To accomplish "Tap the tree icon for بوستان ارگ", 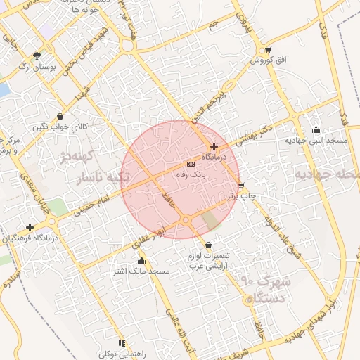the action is tap(37, 55).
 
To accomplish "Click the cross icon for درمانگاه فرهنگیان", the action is tap(30, 227).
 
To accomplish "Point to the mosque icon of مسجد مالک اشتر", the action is tap(142, 261).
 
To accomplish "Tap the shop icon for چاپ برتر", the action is tap(241, 186).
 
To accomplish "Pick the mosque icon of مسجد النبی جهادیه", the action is tap(316, 129).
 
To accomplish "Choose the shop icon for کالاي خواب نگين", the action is tap(60, 116).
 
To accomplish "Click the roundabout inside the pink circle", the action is tap(186, 221).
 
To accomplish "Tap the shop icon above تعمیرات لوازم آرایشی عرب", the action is tap(207, 244).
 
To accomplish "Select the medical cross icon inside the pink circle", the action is tap(214, 146).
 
